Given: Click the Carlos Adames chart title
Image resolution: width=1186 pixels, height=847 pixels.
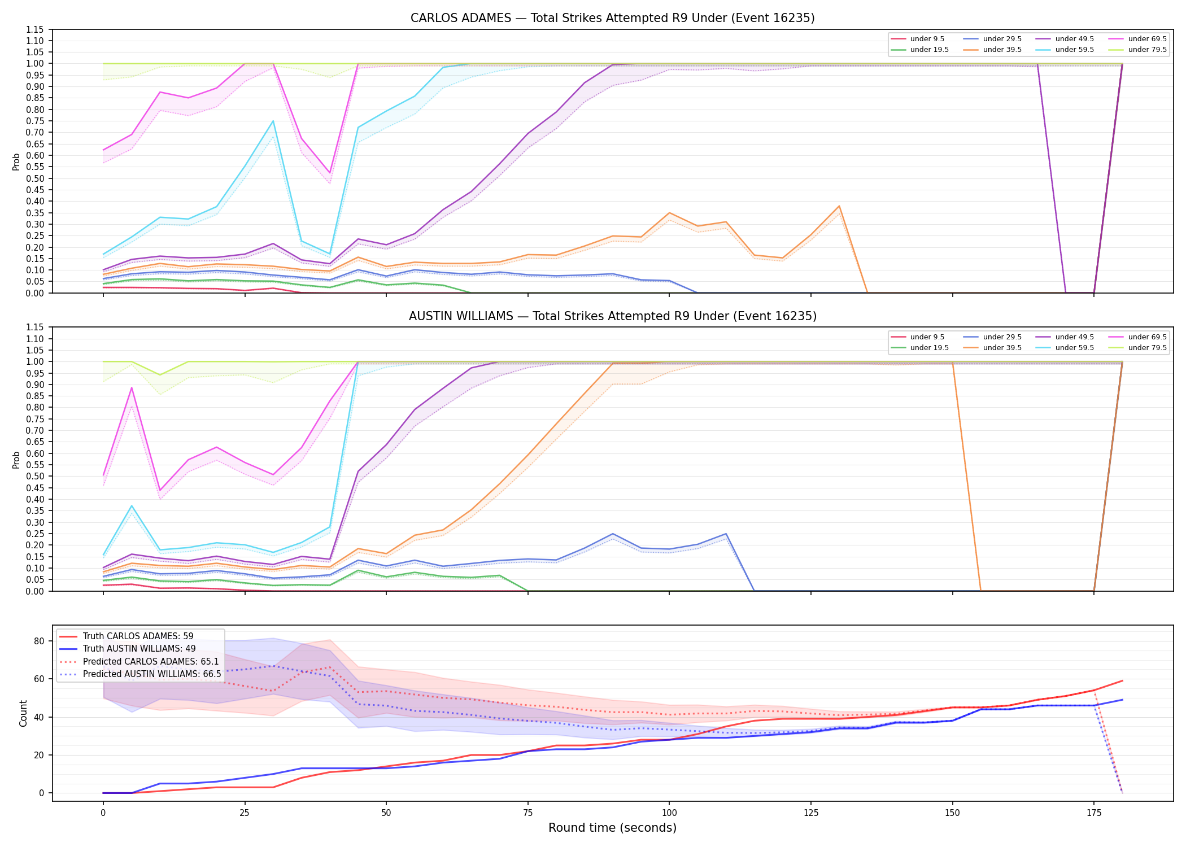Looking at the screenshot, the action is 612,18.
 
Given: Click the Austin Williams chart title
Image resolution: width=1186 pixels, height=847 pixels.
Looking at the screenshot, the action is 612,316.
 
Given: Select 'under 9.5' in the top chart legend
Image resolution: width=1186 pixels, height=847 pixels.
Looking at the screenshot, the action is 927,39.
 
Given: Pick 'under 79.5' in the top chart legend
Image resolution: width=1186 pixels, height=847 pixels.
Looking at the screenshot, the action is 1147,50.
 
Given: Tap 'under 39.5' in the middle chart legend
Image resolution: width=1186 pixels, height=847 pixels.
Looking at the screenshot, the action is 1002,348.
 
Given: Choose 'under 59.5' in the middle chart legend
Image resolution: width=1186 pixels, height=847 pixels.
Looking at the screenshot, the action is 1074,348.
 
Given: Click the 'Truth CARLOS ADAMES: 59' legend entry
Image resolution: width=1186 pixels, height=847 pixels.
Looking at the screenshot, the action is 138,636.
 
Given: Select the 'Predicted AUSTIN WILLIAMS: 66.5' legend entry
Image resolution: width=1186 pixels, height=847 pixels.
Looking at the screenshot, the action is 152,674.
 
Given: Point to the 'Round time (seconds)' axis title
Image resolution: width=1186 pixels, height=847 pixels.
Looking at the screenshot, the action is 612,828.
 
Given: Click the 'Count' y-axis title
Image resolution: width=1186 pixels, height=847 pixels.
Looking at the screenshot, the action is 24,713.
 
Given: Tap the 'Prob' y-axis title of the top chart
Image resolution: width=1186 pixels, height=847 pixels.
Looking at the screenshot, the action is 16,161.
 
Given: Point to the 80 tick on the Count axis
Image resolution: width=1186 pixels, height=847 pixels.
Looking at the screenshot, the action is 39,641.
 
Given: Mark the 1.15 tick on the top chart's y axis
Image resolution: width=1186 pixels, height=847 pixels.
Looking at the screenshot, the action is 35,29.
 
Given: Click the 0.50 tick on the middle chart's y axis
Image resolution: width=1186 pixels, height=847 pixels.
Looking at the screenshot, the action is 35,476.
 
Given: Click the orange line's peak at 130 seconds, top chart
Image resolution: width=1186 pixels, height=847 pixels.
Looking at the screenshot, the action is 839,206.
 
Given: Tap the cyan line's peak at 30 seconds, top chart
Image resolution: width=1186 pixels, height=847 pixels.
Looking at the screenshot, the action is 273,121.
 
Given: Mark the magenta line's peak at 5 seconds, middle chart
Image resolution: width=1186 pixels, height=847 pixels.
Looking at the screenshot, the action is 132,387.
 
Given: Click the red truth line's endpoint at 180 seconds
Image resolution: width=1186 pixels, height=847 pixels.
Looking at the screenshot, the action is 1122,680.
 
